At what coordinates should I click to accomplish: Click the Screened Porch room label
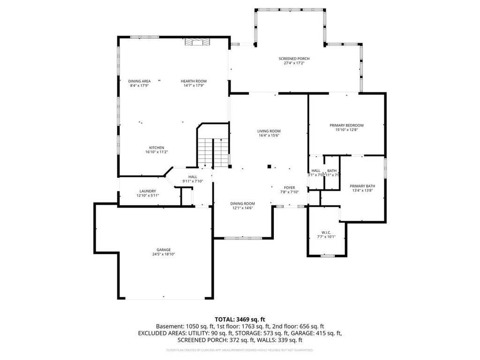click(x=294, y=59)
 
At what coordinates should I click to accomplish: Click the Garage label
click(x=164, y=249)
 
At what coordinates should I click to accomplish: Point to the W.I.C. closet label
click(x=326, y=232)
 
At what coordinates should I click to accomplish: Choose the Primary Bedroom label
click(x=346, y=125)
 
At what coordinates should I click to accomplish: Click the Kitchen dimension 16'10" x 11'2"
click(x=157, y=152)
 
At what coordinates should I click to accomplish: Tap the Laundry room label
click(x=148, y=191)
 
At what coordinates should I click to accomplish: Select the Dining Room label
click(x=242, y=203)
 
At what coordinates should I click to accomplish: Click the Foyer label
click(x=289, y=187)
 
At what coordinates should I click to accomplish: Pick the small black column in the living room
click(x=269, y=166)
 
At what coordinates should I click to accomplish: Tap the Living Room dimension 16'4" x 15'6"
click(x=269, y=135)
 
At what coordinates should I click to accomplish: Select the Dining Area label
click(x=140, y=81)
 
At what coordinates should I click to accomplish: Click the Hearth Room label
click(x=194, y=81)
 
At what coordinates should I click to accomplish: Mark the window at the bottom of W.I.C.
click(x=327, y=256)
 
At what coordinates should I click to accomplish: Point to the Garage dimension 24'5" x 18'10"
click(x=164, y=254)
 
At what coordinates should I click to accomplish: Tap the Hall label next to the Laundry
click(x=193, y=177)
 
